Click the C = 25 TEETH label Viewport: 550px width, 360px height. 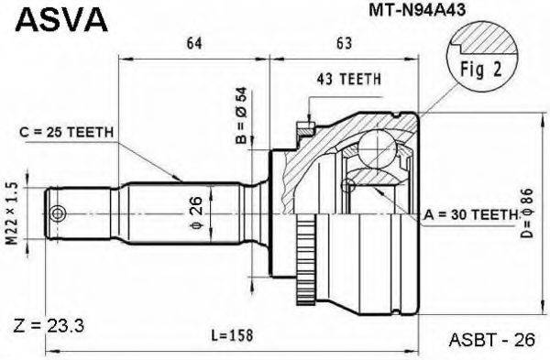point(67,132)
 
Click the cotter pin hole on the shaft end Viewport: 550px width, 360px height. point(60,213)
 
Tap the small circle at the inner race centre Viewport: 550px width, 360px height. point(346,187)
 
